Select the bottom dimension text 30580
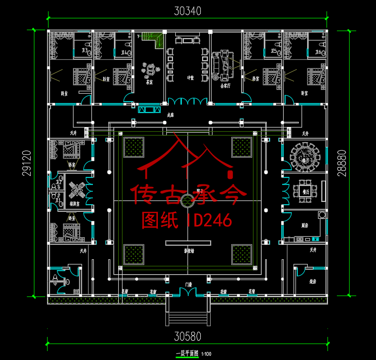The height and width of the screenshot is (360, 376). (188, 336)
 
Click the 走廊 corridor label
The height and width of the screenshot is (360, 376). (171, 114)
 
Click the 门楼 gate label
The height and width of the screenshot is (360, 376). (188, 284)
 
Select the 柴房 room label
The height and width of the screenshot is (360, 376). (312, 282)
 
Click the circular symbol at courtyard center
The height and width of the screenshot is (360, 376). (187, 200)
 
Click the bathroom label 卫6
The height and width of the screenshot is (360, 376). (318, 53)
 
